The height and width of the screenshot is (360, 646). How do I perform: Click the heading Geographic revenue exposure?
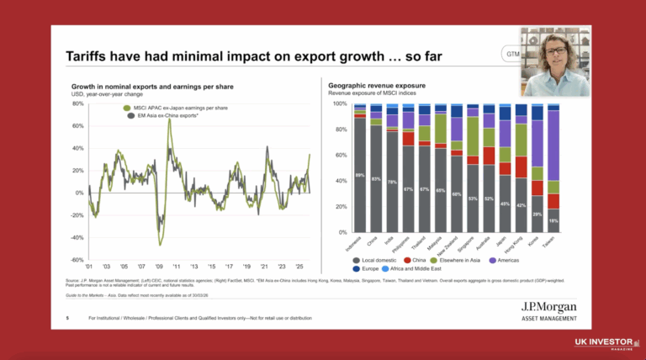(x=375, y=86)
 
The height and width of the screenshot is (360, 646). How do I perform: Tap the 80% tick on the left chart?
(x=78, y=104)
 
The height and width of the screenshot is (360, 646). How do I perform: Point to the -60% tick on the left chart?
(x=77, y=260)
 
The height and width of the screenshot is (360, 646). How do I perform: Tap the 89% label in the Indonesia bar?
(x=360, y=176)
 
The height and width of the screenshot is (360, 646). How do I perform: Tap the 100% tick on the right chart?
(x=340, y=104)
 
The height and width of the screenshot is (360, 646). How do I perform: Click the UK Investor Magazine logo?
(x=604, y=344)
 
